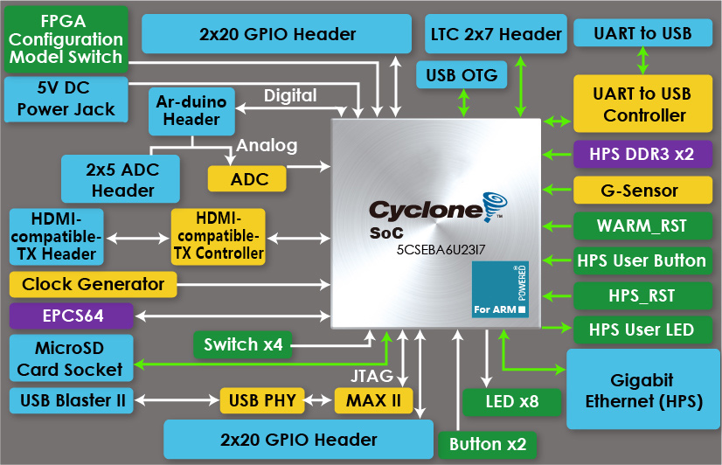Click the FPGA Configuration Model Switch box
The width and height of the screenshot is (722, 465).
click(66, 38)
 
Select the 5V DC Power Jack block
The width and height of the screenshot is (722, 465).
click(65, 98)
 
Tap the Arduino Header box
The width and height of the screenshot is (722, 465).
click(191, 110)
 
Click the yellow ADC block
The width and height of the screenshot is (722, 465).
click(248, 178)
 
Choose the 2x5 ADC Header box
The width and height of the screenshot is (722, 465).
click(121, 178)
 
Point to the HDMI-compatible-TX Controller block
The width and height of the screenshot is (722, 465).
click(218, 236)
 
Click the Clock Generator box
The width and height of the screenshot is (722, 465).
click(93, 284)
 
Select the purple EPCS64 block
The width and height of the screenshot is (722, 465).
click(70, 316)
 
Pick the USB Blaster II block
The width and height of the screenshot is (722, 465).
click(70, 401)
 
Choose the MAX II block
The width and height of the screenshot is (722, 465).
click(372, 401)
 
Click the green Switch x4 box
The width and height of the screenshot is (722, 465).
click(243, 344)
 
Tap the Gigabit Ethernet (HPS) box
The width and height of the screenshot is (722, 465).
click(642, 390)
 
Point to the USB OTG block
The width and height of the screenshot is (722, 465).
click(462, 75)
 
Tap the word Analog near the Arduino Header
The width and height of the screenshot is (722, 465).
click(267, 145)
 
